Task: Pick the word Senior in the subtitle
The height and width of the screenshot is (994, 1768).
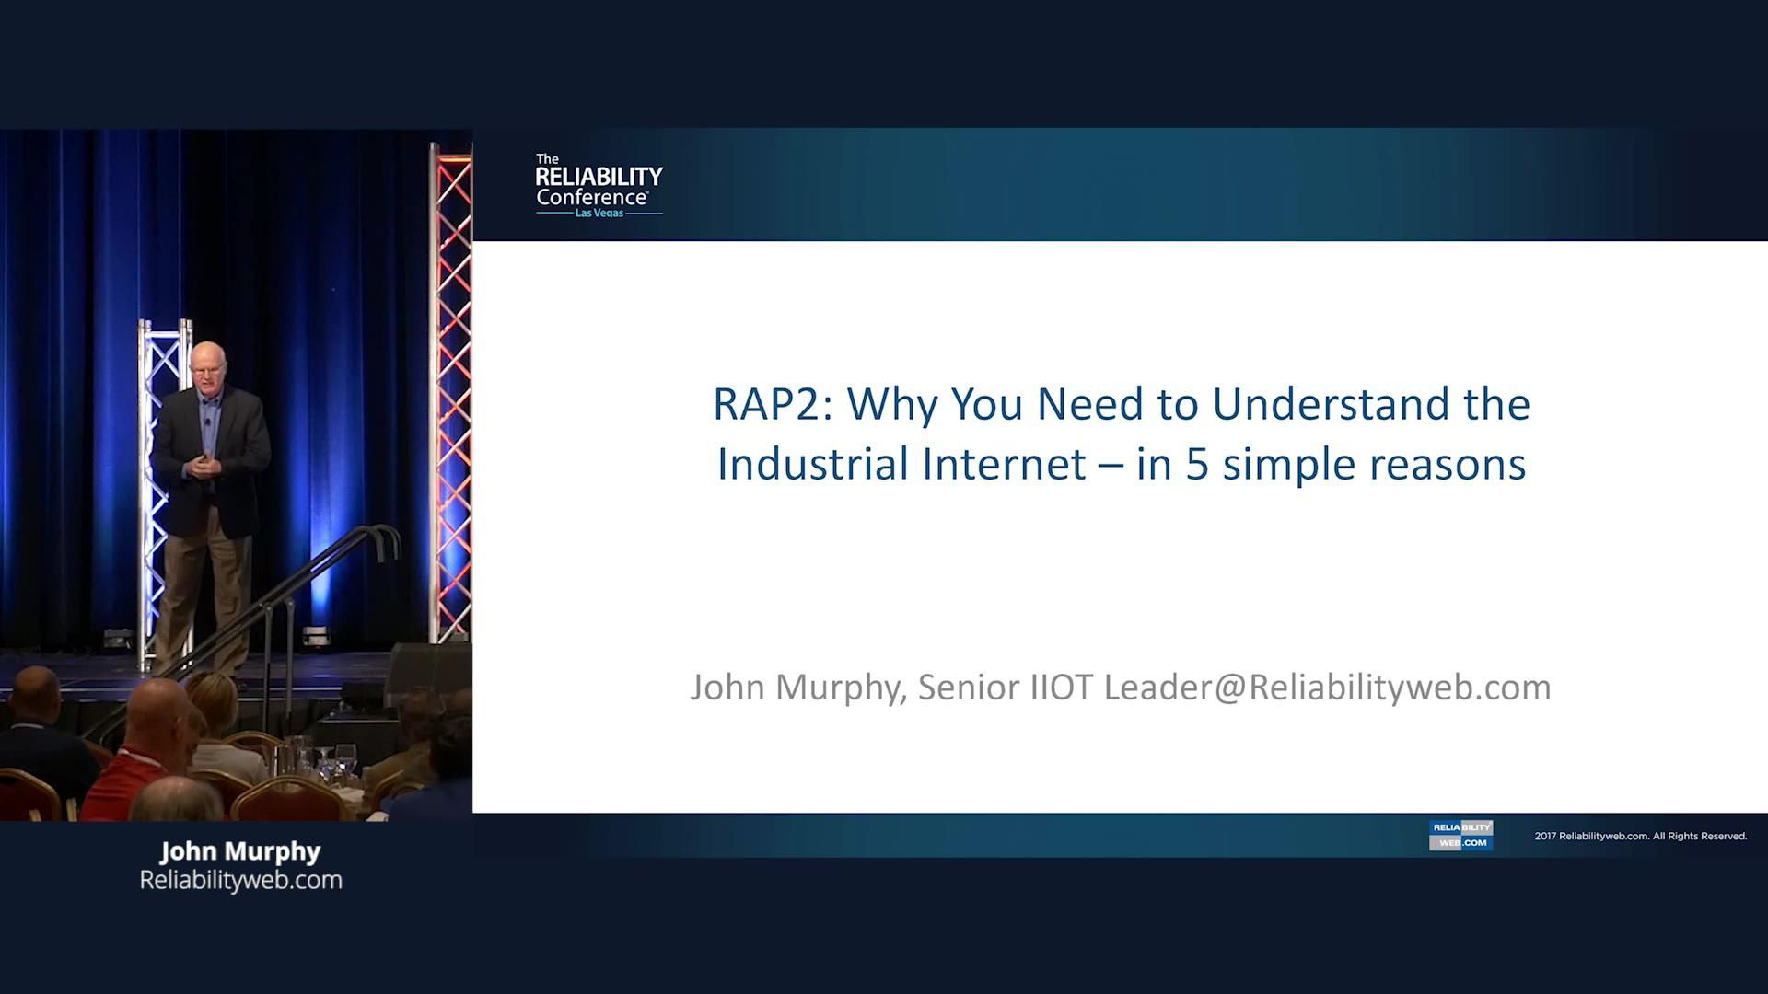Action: coord(969,688)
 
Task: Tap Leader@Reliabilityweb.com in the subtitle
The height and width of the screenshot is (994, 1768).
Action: coord(1327,688)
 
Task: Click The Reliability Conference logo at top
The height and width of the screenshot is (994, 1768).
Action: coord(599,186)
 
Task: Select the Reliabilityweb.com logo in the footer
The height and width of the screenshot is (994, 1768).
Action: coord(1460,835)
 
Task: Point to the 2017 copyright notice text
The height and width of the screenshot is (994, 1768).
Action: coord(1640,836)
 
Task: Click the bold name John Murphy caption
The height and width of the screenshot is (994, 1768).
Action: coord(240,851)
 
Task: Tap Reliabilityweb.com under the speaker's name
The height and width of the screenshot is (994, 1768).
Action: coord(240,881)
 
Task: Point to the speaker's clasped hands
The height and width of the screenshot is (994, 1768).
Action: coord(204,465)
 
